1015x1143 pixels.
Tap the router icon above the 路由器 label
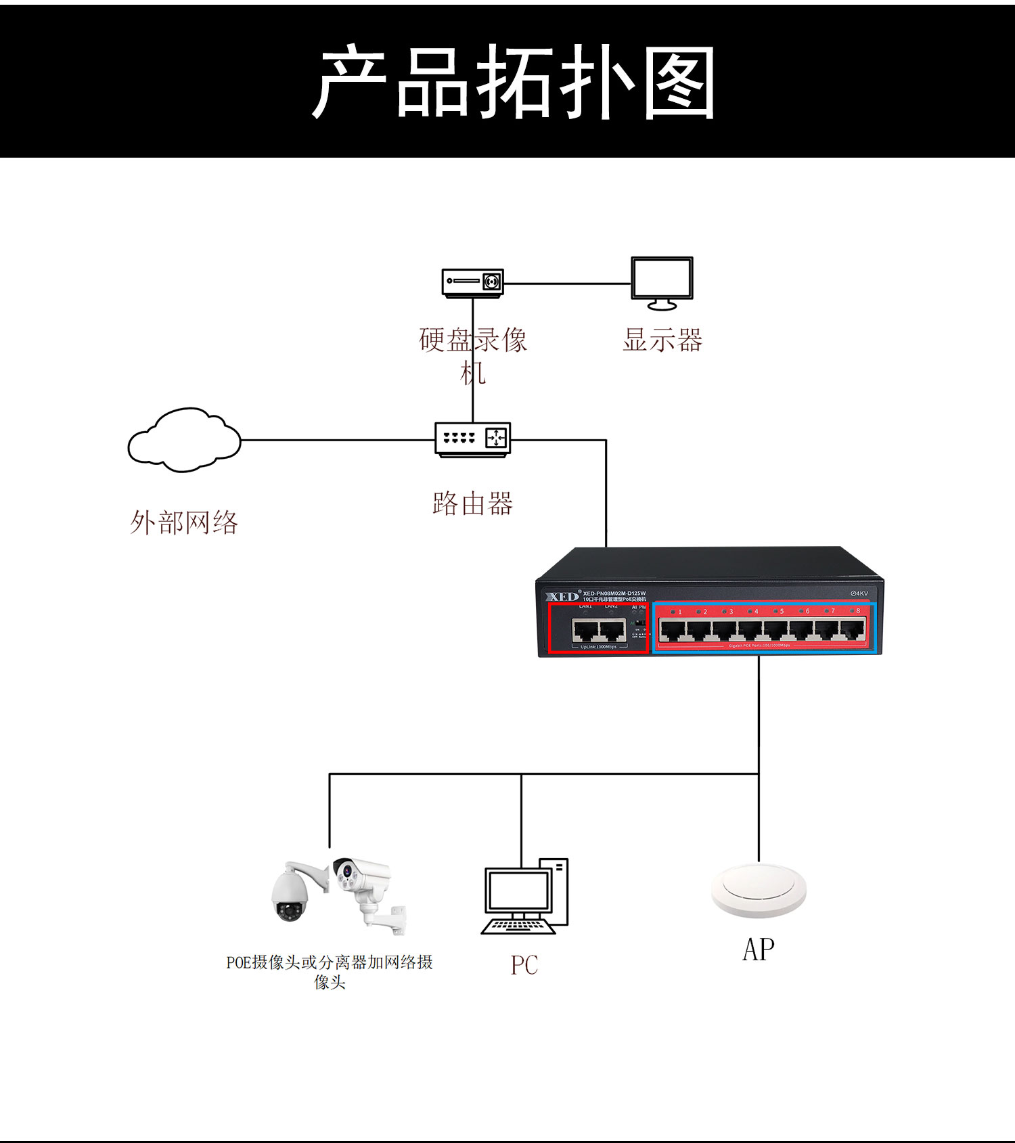coord(472,439)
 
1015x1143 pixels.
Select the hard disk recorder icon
coord(472,282)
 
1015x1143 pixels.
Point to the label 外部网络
coord(184,522)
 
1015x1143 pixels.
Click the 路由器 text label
coord(472,503)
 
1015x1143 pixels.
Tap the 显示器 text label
coord(662,340)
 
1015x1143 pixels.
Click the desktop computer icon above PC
coord(525,897)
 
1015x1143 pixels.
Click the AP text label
coord(759,949)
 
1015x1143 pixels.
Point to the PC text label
coord(524,965)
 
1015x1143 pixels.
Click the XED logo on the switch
coord(562,596)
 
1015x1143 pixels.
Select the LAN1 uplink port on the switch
coord(585,631)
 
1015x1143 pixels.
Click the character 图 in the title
coord(679,83)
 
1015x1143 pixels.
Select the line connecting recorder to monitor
coord(567,284)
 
